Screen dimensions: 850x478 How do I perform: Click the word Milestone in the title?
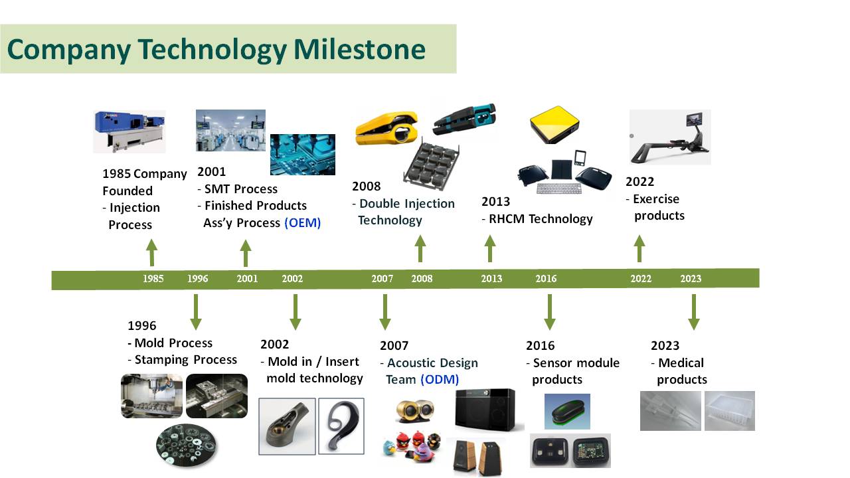(359, 49)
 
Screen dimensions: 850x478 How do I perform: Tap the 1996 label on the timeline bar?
(198, 279)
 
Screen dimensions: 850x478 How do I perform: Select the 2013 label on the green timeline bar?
(491, 279)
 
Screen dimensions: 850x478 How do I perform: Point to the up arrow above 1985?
(152, 252)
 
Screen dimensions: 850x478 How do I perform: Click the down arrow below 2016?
(549, 312)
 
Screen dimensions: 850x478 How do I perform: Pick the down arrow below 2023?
(694, 312)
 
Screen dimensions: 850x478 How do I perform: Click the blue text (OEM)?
(302, 222)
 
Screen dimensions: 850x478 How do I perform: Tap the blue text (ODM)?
(440, 379)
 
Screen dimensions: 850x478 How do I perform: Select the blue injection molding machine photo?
(129, 131)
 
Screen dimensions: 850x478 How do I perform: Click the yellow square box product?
(554, 125)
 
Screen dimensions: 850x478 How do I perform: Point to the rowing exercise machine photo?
(670, 137)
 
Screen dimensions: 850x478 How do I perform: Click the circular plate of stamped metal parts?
(186, 445)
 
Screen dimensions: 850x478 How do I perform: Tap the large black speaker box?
(485, 410)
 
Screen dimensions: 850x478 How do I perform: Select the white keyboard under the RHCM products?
(559, 189)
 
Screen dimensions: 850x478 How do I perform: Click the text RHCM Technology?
(541, 219)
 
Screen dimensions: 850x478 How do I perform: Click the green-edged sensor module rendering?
(567, 412)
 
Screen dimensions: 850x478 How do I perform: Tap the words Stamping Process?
(185, 360)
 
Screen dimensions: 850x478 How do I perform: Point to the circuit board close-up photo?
(302, 155)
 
